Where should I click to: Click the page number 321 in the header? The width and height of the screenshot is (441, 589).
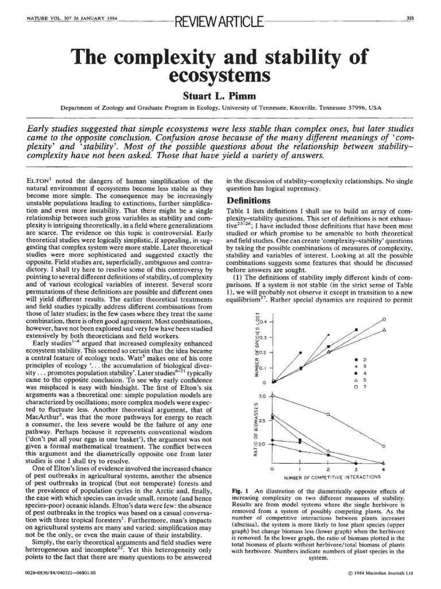[411, 17]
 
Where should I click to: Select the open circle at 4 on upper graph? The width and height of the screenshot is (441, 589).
[384, 319]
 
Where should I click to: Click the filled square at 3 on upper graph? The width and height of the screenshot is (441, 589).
[356, 330]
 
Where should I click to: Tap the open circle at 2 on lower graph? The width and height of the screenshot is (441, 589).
[328, 414]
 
